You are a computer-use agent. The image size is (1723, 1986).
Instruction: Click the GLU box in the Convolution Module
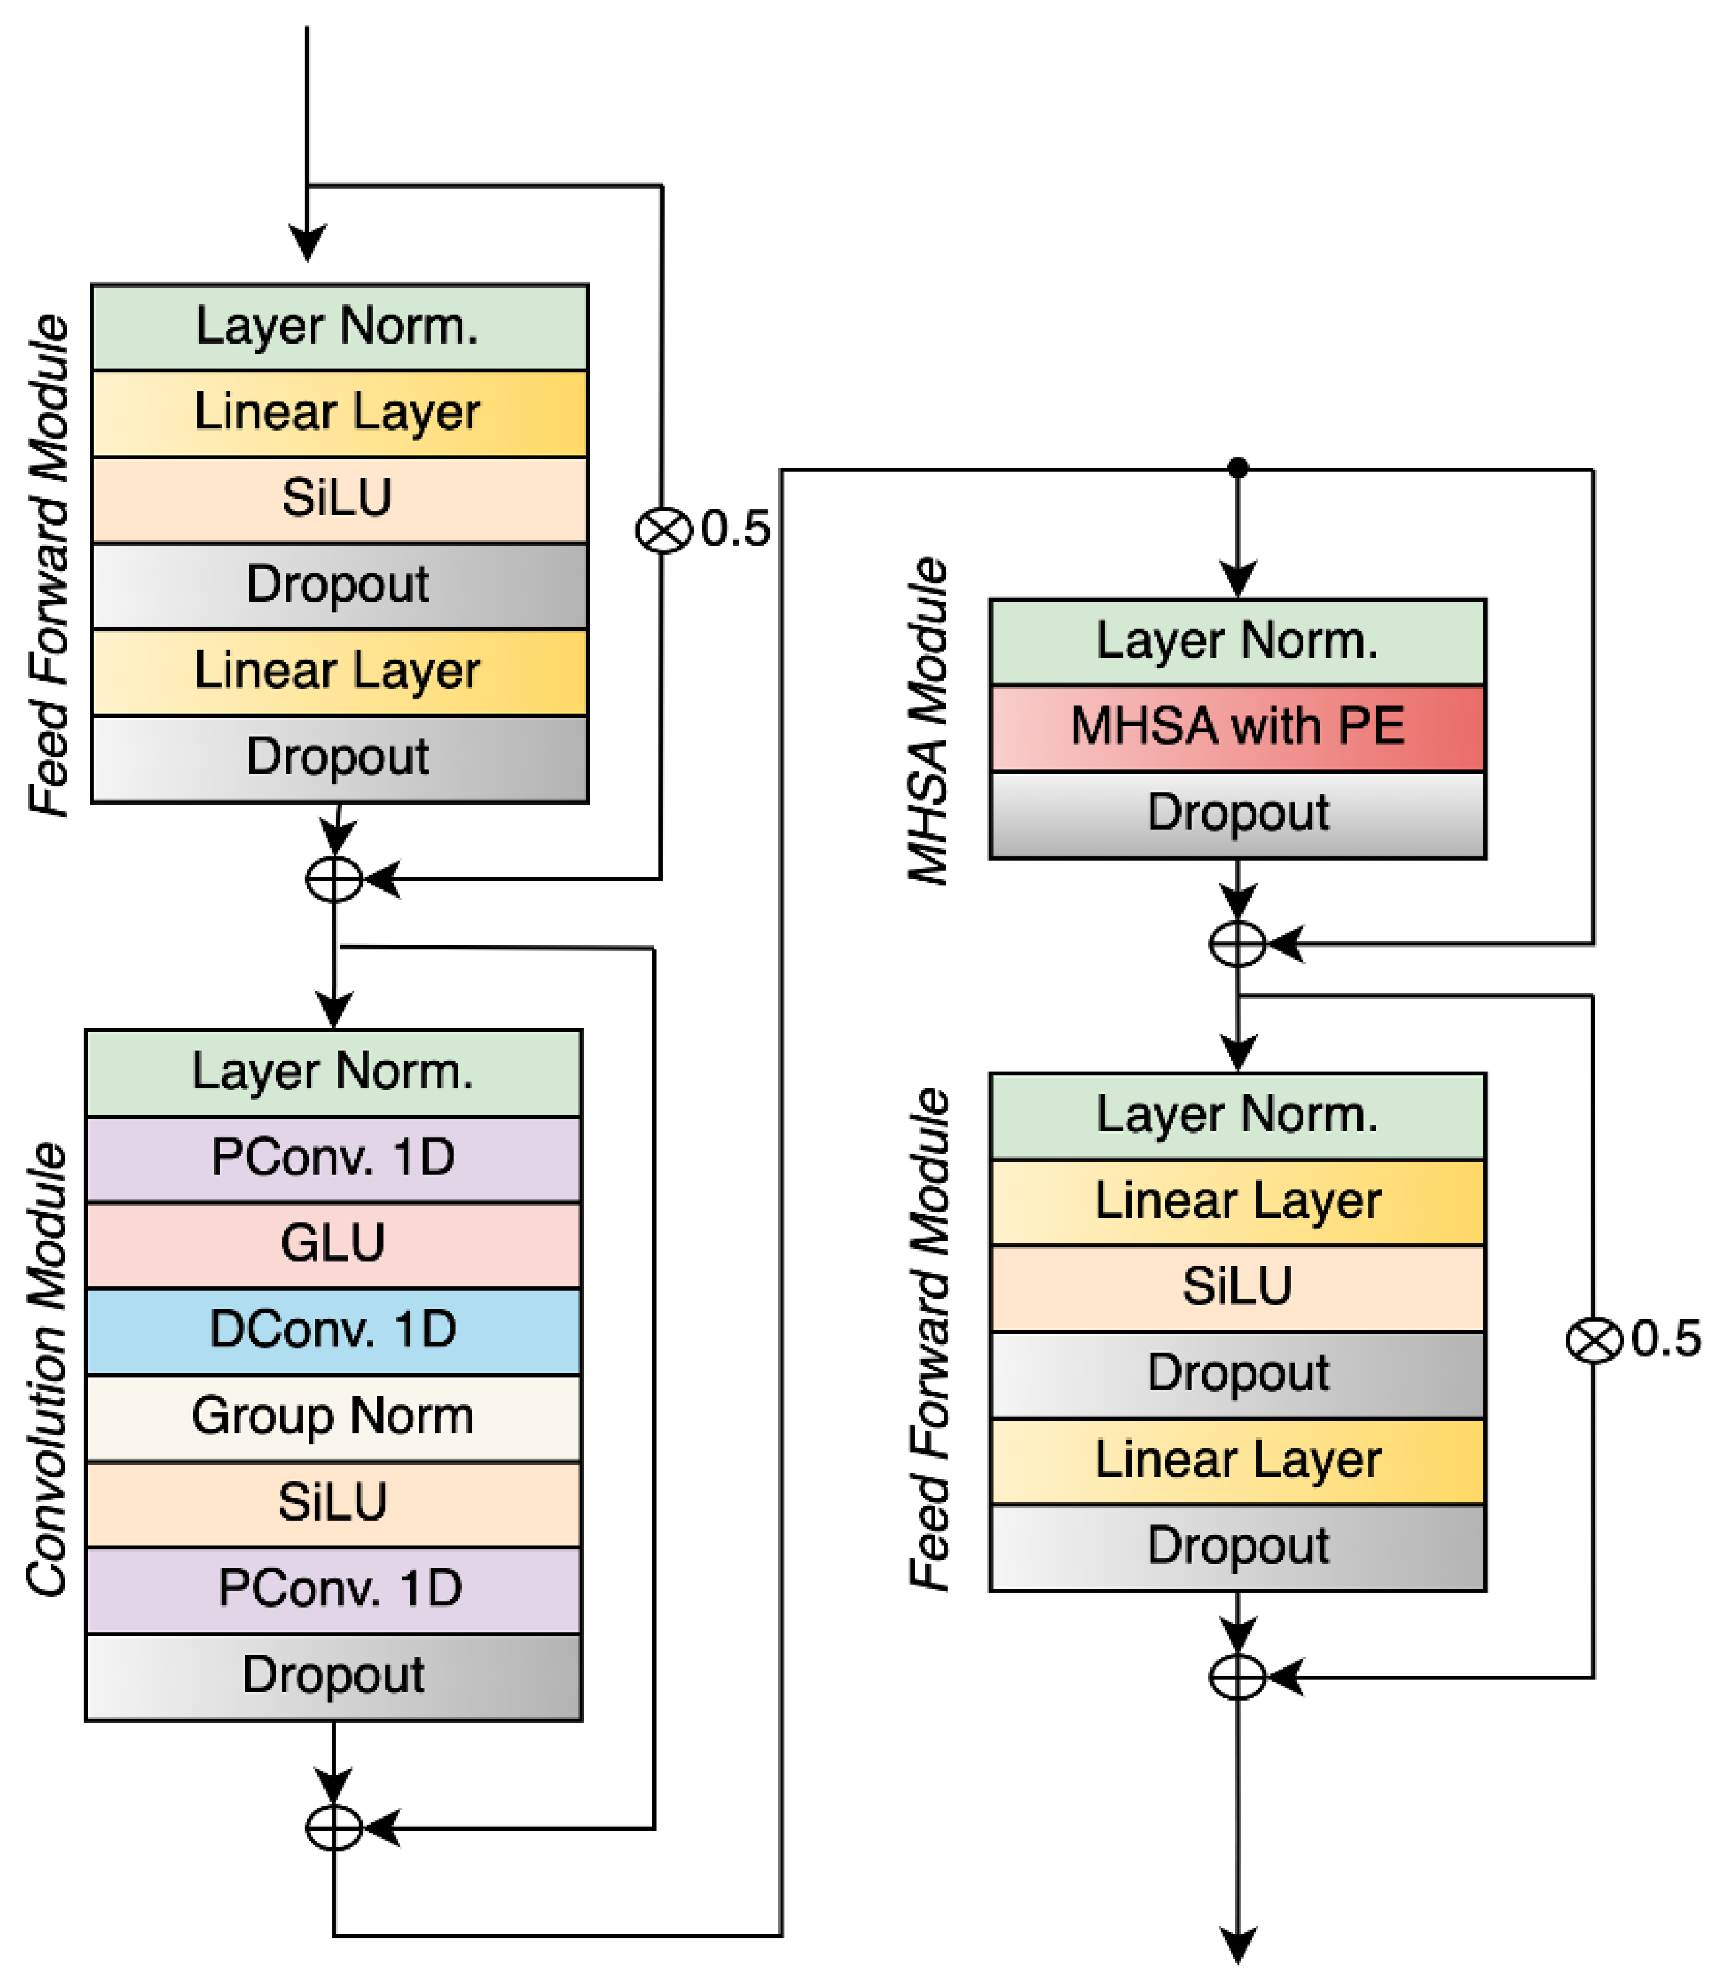(334, 1243)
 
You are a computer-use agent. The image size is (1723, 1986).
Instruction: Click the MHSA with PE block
(1238, 726)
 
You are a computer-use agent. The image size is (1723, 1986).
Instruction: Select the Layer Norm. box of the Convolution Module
(334, 1072)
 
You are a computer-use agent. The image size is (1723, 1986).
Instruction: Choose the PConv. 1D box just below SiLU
(334, 1588)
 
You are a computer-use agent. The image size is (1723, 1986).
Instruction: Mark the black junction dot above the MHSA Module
(1238, 469)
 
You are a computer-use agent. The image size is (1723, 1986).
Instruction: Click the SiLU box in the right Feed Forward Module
(1238, 1287)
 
